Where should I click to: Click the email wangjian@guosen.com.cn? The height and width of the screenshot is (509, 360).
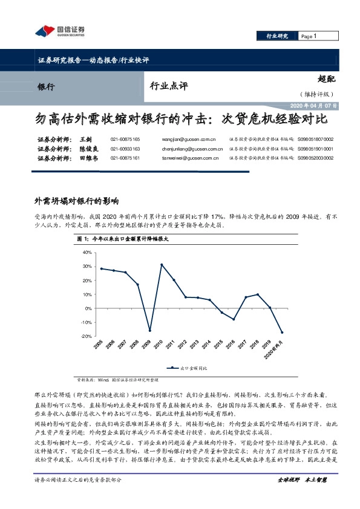pyautogui.click(x=185, y=139)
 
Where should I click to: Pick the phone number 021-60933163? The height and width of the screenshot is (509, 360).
pyautogui.click(x=125, y=149)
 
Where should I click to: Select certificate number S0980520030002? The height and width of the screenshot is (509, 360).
pyautogui.click(x=315, y=158)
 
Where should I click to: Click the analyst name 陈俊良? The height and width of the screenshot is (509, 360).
pyautogui.click(x=88, y=149)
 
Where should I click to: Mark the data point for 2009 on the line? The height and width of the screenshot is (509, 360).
pyautogui.click(x=149, y=331)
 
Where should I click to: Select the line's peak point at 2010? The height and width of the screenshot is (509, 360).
pyautogui.click(x=162, y=265)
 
